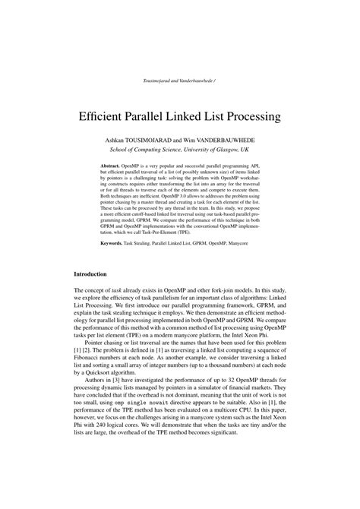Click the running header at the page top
coord(180,80)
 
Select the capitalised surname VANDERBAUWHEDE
coord(233,141)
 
